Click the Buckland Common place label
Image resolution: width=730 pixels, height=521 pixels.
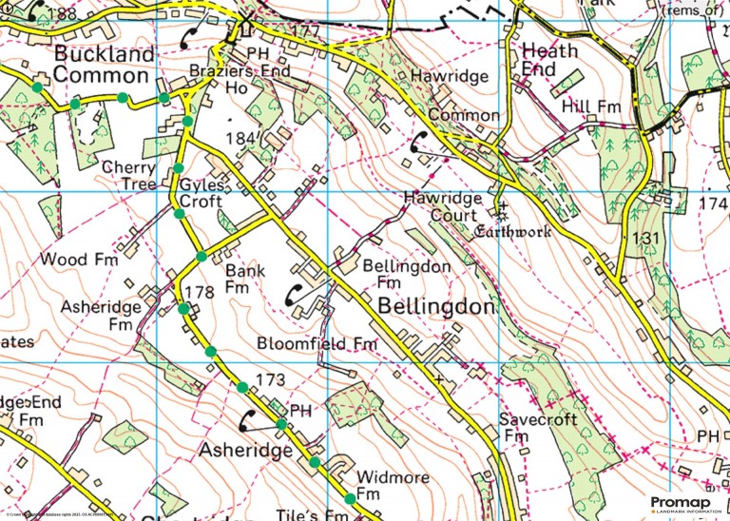(104, 64)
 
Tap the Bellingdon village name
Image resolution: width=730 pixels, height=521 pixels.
(436, 307)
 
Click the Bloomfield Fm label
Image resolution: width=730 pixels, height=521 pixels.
(317, 342)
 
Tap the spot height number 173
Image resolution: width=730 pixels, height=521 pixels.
(271, 380)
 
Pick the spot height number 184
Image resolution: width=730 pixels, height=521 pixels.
(243, 139)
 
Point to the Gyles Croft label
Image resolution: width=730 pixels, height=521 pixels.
(201, 192)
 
